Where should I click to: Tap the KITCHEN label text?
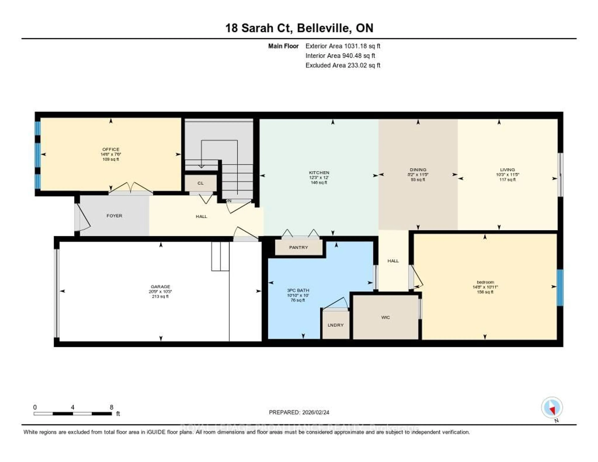pos(319,173)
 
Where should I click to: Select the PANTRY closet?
pos(298,247)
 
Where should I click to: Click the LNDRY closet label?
pos(335,325)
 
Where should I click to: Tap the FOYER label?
pos(114,216)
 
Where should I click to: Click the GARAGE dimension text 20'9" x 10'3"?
pos(160,292)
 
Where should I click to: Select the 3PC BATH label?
pos(298,290)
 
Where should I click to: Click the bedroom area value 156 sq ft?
pos(485,292)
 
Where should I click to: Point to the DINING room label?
pos(418,169)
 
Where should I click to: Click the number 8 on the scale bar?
pos(112,407)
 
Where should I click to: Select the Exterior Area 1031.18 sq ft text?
pos(343,46)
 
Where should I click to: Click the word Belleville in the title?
pos(324,28)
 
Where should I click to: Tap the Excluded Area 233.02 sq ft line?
pos(343,65)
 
